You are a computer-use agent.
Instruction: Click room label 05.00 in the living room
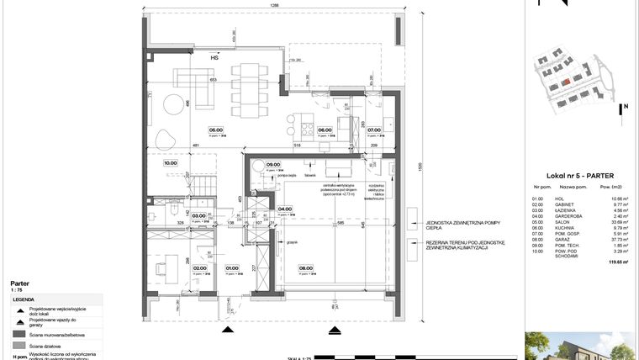[x=216, y=130]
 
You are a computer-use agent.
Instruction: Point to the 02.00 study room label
[x=200, y=269]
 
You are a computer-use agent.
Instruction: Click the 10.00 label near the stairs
[x=170, y=164]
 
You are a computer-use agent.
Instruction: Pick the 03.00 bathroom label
[x=198, y=216]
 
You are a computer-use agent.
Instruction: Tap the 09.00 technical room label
[x=272, y=165]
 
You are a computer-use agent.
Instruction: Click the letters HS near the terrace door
[x=215, y=58]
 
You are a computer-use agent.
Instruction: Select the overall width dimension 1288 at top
[x=274, y=6]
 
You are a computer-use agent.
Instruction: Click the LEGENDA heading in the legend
[x=24, y=299]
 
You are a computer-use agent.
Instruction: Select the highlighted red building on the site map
[x=566, y=81]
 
